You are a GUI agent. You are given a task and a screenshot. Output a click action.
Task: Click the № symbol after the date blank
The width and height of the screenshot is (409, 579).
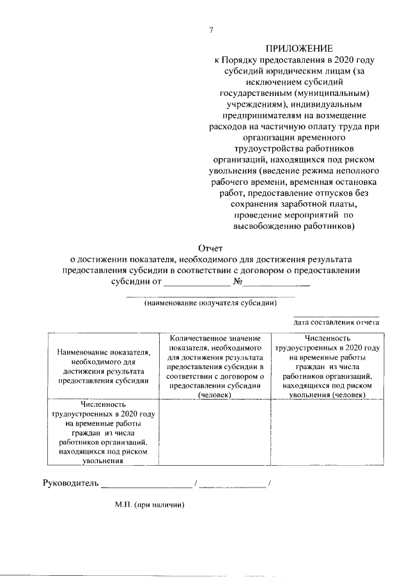click(x=238, y=282)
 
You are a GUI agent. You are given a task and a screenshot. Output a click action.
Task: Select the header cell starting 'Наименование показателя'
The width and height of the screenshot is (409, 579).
click(x=104, y=365)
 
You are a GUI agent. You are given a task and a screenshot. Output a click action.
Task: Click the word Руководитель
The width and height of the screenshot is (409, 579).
click(x=70, y=483)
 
